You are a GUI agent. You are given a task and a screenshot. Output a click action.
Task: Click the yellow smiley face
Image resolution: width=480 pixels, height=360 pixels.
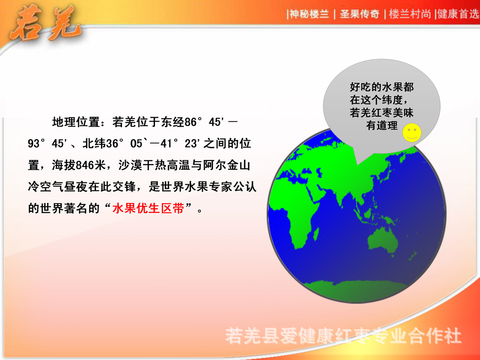(x=412, y=132)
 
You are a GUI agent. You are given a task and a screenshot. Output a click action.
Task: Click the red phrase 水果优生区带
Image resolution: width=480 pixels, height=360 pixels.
(x=148, y=209)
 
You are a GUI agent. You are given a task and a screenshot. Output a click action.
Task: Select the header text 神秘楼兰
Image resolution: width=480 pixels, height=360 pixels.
(x=309, y=14)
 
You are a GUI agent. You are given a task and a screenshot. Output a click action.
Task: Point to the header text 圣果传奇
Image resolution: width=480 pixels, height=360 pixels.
(x=360, y=14)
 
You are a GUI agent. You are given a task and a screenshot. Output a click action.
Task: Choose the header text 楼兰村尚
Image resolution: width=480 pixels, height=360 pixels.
(x=409, y=14)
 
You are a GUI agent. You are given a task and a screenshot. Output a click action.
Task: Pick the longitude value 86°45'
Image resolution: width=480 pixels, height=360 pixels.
(x=205, y=122)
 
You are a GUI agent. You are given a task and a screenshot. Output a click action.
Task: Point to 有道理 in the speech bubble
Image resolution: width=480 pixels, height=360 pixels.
(x=382, y=126)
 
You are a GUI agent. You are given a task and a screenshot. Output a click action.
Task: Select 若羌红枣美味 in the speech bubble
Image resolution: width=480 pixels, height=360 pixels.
(x=382, y=113)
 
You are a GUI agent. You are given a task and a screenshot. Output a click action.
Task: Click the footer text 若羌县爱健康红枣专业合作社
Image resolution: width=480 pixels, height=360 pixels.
(x=344, y=336)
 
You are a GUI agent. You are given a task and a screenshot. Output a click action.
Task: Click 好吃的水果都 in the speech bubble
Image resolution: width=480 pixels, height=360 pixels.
(x=382, y=87)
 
